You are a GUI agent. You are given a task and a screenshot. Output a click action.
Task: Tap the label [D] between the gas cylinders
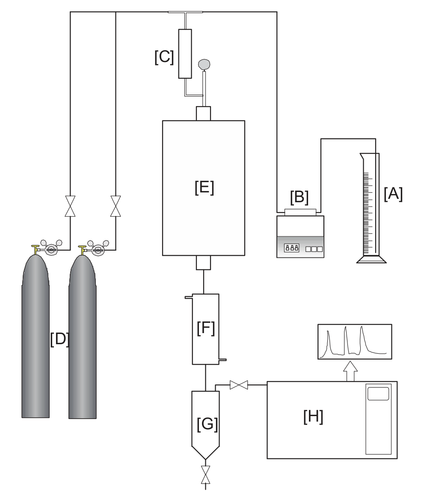click(59, 339)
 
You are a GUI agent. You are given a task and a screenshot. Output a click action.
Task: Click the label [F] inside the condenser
click(205, 328)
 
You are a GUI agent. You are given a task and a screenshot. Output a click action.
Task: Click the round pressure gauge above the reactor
click(205, 64)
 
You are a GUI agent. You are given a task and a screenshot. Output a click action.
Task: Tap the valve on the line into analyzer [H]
click(239, 385)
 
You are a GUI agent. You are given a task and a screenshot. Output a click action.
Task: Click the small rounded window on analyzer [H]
click(378, 393)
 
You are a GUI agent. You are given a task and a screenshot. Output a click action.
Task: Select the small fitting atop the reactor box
click(204, 113)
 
